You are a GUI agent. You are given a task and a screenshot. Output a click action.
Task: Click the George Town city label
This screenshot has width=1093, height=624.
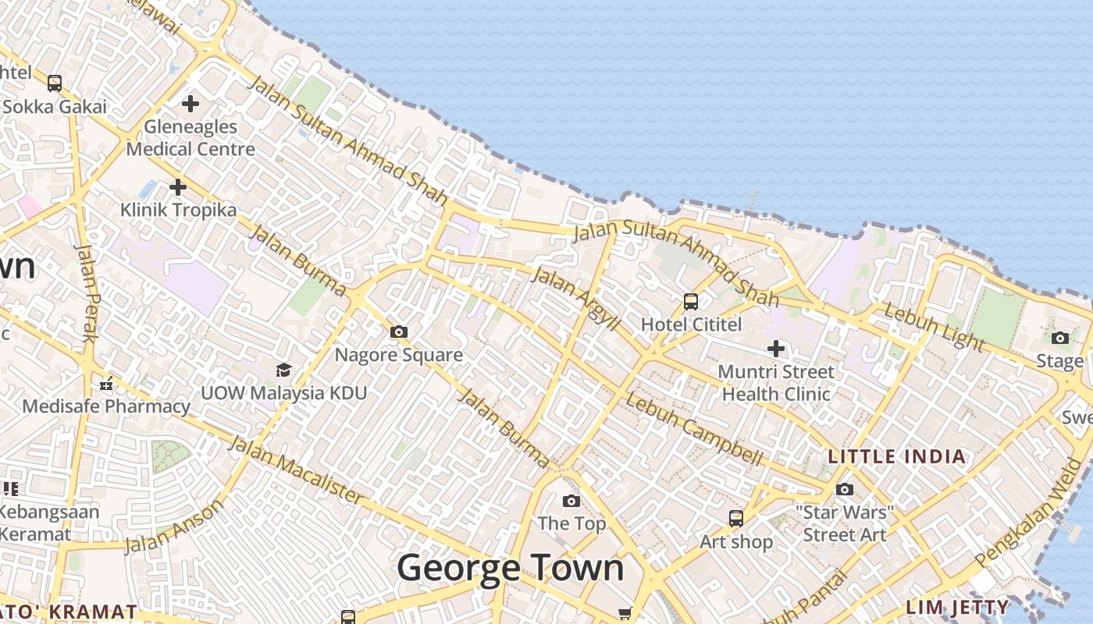coord(511,568)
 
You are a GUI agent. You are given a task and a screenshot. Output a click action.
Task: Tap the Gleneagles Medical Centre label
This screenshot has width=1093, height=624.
coord(190,137)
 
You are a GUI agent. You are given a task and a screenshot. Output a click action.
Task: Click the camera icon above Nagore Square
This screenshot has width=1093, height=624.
coord(399,332)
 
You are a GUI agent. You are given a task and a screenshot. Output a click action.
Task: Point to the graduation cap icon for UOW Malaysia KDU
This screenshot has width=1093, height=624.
coord(283,370)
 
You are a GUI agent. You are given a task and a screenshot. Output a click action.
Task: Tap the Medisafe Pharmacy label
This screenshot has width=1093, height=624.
coord(106,406)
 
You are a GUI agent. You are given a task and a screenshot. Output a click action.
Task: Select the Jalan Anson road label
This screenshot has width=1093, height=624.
coord(173,527)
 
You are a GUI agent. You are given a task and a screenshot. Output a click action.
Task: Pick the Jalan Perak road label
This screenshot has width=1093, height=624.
coord(87,292)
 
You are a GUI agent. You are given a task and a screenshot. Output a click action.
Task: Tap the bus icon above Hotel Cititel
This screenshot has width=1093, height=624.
coord(691,301)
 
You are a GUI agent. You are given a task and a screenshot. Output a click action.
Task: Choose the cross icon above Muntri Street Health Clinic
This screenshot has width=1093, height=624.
coord(775,349)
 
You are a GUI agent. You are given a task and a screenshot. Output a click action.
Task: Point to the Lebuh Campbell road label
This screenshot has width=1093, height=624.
coord(694,430)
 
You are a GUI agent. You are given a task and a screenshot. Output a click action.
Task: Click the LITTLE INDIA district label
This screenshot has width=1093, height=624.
coord(897,457)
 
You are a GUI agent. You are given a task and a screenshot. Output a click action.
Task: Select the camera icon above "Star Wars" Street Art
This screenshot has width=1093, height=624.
coord(845,490)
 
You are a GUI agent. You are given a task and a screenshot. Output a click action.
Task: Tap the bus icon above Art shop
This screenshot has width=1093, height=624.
coord(735,519)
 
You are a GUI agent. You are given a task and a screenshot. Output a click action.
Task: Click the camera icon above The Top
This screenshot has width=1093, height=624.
coord(571,501)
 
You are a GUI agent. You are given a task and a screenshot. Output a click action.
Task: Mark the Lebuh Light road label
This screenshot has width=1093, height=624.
coord(934,327)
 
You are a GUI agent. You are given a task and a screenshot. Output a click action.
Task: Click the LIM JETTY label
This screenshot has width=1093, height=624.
coord(957,607)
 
